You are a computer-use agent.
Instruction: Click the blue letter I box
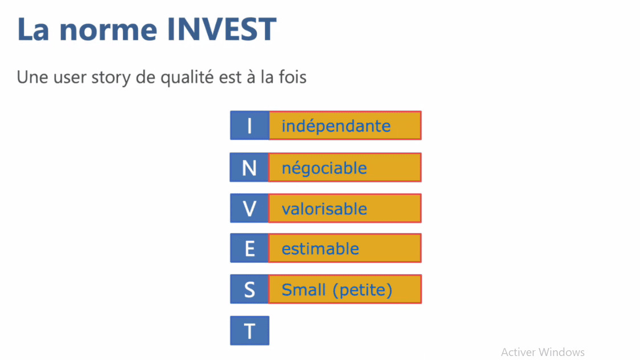[249, 126]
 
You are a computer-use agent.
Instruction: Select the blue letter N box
[249, 167]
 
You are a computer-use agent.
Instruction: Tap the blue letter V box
[249, 208]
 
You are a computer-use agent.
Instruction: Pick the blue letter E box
[249, 249]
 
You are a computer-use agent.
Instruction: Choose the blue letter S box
[249, 290]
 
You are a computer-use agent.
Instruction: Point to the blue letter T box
[249, 331]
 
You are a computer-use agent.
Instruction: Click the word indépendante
[336, 126]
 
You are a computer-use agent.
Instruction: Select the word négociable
[324, 168]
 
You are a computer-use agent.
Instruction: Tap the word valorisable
[324, 209]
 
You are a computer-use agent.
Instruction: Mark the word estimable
[320, 249]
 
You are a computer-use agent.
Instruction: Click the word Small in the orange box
[303, 290]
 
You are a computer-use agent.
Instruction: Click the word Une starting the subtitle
[31, 77]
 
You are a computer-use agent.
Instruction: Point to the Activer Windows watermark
[543, 352]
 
